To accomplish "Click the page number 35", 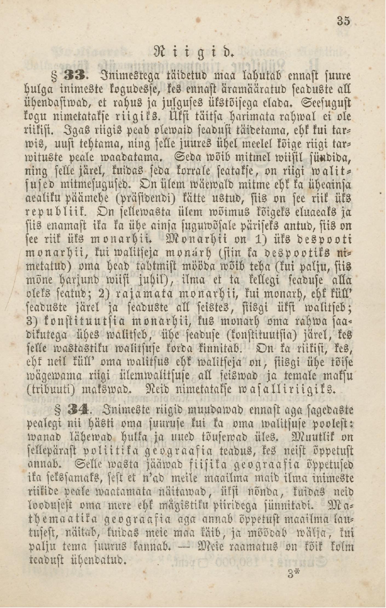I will (x=344, y=21).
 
